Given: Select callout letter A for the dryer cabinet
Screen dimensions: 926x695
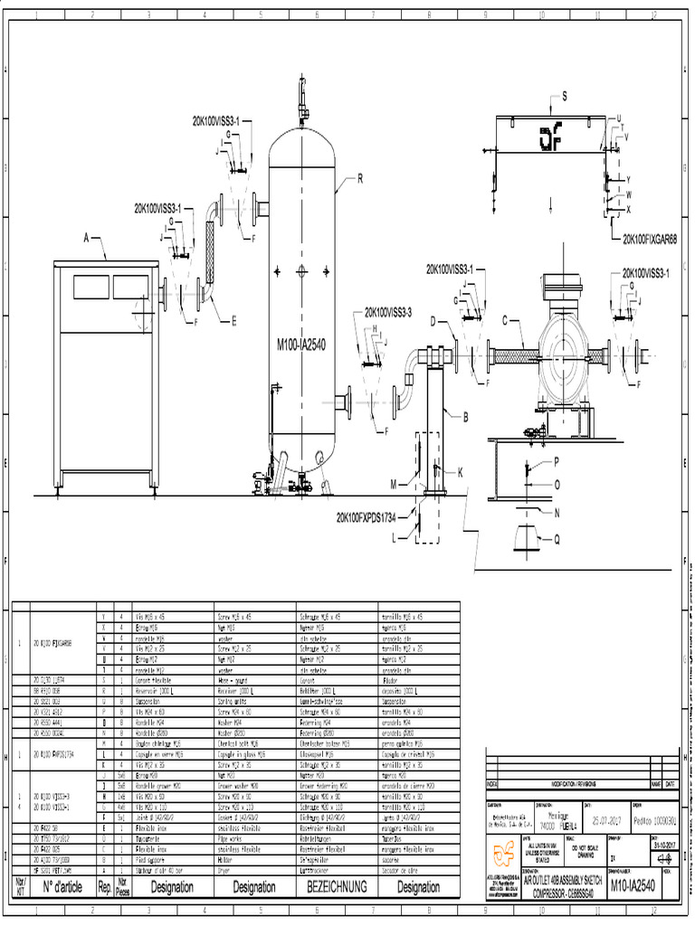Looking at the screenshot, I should pos(88,238).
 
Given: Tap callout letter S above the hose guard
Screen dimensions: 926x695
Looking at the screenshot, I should pos(564,96).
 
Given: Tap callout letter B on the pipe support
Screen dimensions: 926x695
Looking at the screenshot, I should pos(466,417).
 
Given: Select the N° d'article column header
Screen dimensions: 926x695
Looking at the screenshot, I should pos(62,887).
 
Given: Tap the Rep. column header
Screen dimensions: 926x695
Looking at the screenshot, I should pos(104,887).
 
